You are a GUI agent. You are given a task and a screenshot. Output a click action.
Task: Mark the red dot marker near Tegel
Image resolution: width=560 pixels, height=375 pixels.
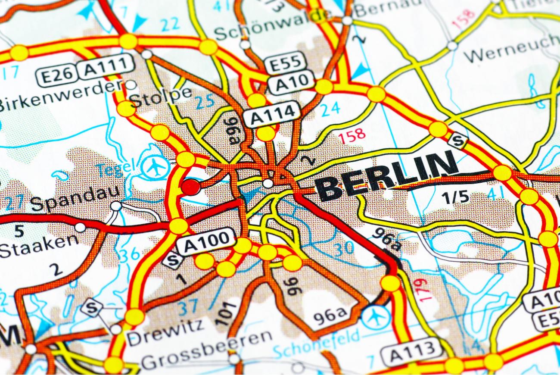click(191, 187)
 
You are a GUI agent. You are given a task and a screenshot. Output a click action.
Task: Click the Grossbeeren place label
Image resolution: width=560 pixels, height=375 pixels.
click(207, 350)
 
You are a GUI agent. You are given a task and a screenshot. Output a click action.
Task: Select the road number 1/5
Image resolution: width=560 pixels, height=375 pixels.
click(455, 197)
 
